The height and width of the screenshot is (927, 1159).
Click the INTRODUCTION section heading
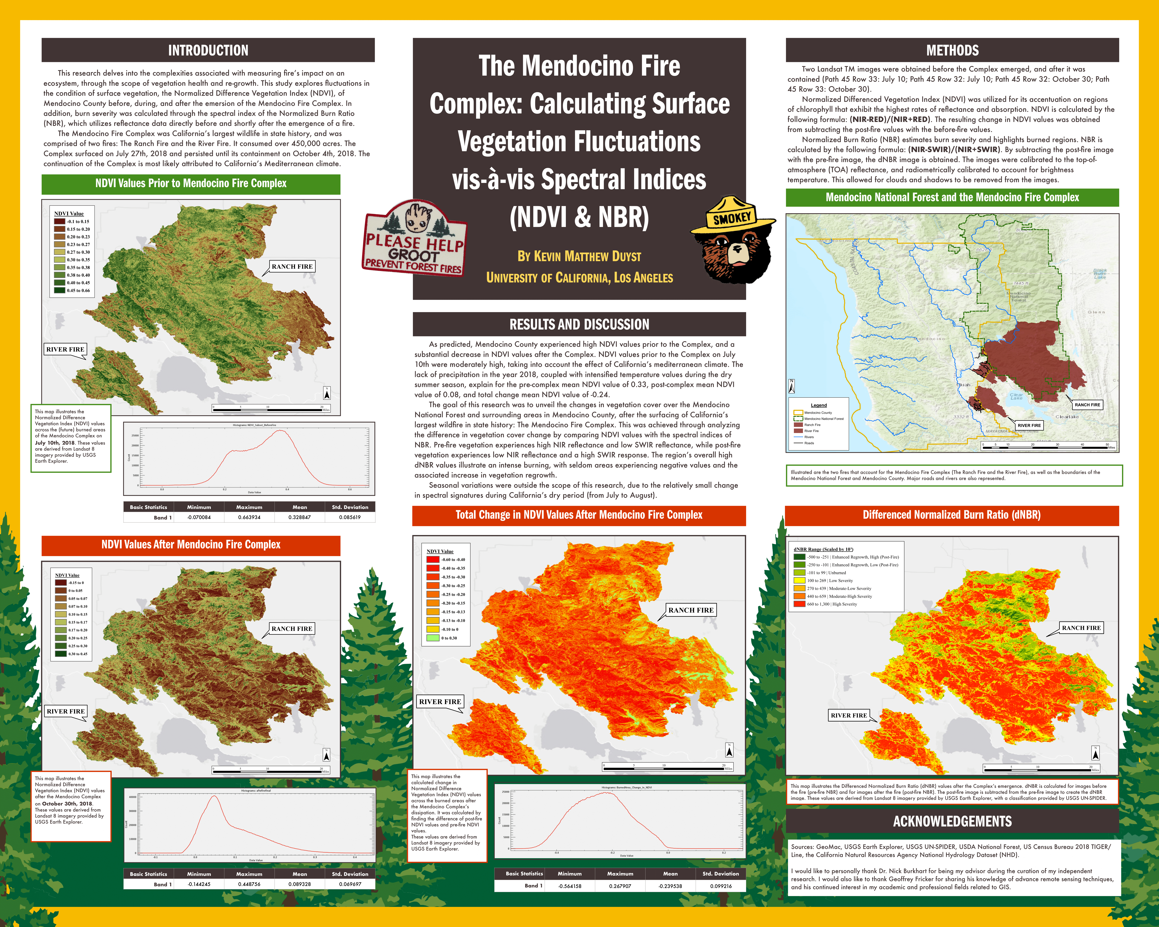[208, 51]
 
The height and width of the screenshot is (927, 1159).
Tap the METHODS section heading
[952, 51]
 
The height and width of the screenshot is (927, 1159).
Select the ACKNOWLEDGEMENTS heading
[952, 821]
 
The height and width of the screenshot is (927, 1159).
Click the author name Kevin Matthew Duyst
[579, 256]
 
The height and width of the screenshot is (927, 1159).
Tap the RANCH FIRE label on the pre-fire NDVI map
[292, 267]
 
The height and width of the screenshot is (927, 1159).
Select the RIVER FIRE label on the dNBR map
[848, 715]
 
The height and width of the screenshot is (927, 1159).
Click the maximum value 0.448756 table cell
[249, 884]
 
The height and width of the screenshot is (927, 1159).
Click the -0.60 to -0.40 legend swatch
[433, 559]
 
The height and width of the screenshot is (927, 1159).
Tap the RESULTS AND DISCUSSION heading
[579, 324]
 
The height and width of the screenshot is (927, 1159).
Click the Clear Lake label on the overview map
[1016, 396]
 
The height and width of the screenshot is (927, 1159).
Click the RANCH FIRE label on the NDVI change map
[691, 610]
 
